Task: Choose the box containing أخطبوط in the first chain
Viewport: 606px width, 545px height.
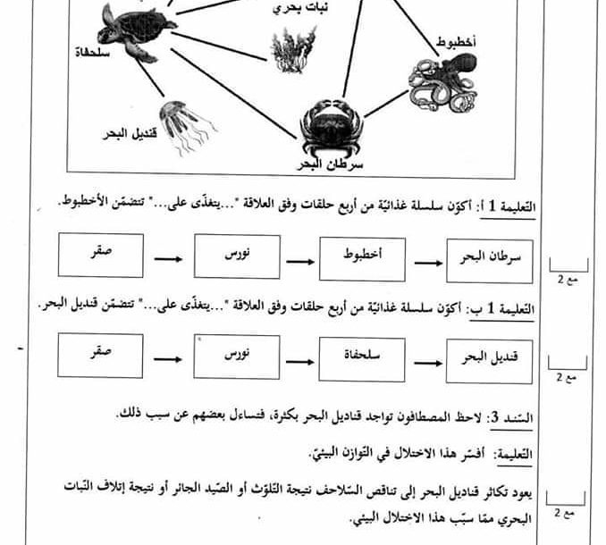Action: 362,259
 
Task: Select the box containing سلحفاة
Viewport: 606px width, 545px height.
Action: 362,356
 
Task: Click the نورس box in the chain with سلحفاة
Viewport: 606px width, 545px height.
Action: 237,356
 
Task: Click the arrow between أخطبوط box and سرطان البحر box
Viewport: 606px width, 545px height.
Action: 425,262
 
